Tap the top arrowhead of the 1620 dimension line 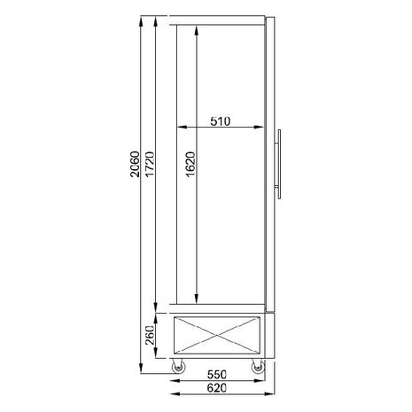[196, 28]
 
